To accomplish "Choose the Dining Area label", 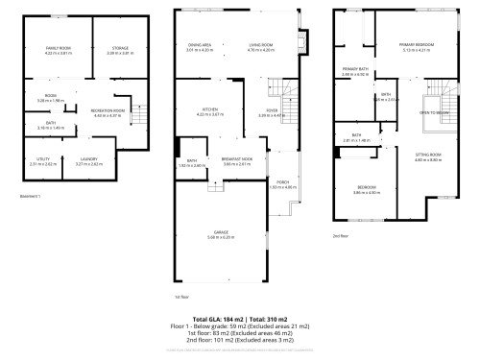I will tap(199, 44).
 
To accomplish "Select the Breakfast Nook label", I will tap(237, 161).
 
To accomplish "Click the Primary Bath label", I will tap(354, 70).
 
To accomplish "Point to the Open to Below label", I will tap(436, 112).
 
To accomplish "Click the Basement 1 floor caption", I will tap(31, 196).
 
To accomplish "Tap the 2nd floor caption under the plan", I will tap(340, 234).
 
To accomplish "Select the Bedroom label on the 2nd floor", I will tap(369, 186).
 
